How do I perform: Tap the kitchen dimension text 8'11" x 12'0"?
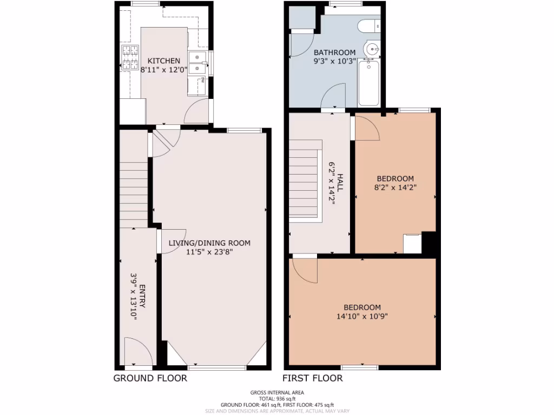click(x=164, y=70)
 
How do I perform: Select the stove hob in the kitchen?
click(x=129, y=58)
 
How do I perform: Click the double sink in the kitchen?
click(x=198, y=63)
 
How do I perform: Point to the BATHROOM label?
click(x=335, y=52)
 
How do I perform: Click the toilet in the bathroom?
click(x=370, y=25)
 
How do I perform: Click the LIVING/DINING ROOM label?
click(x=209, y=243)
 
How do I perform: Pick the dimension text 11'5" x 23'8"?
click(x=209, y=252)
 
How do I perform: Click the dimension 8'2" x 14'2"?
click(x=395, y=188)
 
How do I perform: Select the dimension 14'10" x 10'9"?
click(x=362, y=317)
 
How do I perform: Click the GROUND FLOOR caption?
click(x=150, y=378)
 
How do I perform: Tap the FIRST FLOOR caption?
click(x=313, y=378)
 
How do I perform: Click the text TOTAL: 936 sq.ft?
click(x=277, y=399)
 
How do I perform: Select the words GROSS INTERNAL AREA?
click(x=277, y=393)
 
